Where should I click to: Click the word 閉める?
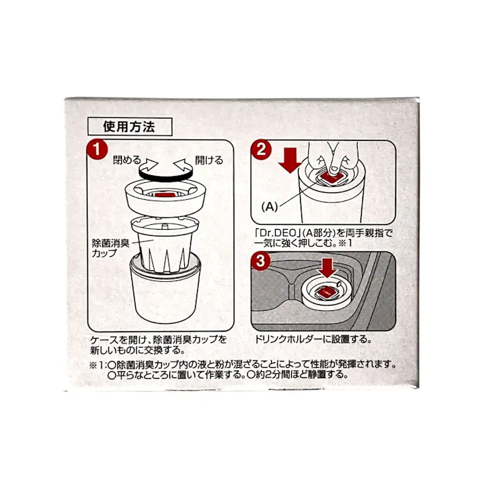tap(127, 161)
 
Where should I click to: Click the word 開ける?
tap(208, 161)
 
